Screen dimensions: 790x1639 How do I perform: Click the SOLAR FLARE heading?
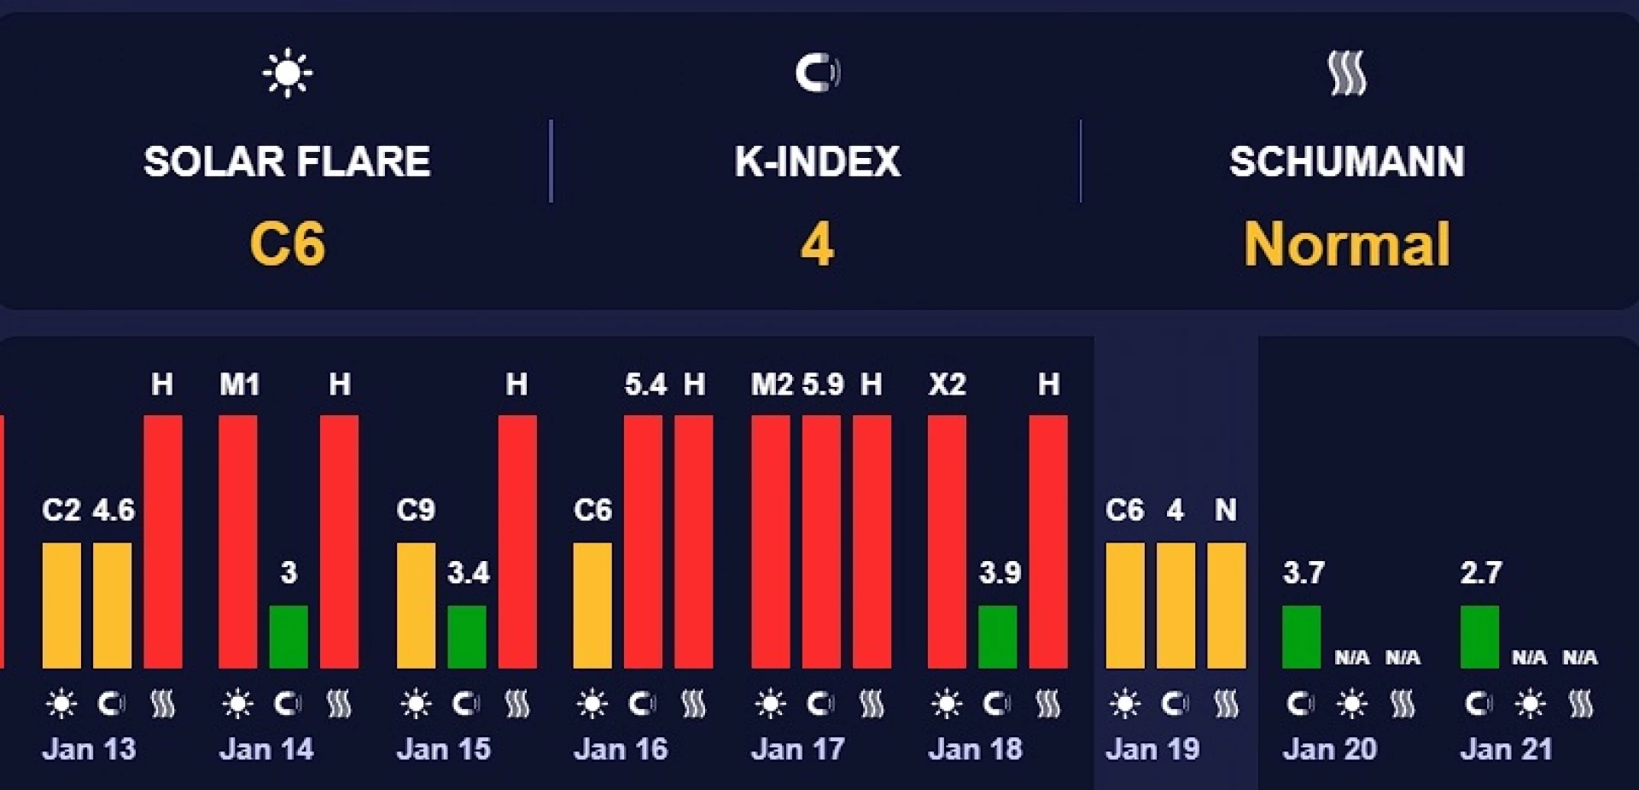click(287, 161)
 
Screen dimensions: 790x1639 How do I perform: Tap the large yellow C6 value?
click(288, 243)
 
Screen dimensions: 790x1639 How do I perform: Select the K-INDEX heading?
click(817, 161)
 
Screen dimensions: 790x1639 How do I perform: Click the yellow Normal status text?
click(1346, 244)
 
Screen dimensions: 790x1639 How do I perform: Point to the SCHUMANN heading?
click(1346, 161)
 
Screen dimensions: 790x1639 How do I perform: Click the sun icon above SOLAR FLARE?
click(288, 73)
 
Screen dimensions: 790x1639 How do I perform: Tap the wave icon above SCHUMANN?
click(1347, 73)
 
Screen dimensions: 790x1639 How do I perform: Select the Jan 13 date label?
click(89, 749)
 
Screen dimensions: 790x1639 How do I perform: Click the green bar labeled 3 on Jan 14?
click(289, 636)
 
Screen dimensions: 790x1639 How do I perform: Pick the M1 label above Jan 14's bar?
click(239, 384)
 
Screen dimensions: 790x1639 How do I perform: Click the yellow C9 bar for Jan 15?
click(416, 605)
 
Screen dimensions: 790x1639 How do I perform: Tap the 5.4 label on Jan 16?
click(645, 384)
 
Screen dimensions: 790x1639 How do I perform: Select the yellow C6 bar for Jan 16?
click(592, 605)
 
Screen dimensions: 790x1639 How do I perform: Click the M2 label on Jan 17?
click(772, 384)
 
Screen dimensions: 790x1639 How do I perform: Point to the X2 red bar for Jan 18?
click(947, 541)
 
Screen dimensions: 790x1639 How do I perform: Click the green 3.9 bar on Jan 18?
click(997, 636)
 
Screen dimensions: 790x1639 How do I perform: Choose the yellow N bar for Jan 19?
click(1226, 605)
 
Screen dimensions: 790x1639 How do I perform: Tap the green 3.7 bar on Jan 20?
click(1302, 636)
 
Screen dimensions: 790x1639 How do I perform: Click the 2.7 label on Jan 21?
click(1480, 572)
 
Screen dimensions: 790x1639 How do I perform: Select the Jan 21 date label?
click(1506, 749)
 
